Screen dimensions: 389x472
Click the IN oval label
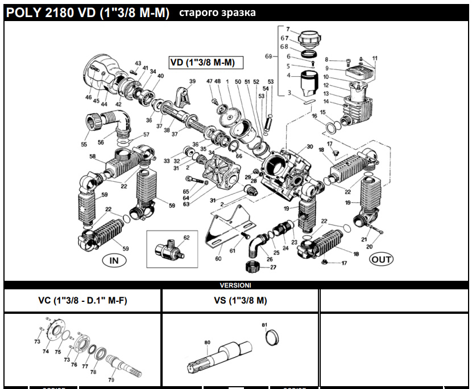pos(114,261)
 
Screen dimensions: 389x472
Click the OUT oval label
pos(381,260)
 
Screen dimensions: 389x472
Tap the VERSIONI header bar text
pos(235,285)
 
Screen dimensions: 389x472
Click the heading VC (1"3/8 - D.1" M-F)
pos(82,300)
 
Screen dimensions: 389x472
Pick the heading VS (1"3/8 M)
pos(241,300)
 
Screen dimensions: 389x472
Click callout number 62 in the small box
pos(186,237)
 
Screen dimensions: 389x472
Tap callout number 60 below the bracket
pos(217,259)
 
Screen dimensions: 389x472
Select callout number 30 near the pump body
pos(309,147)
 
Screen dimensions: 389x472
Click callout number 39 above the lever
pos(192,82)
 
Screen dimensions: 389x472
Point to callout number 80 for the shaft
pos(207,342)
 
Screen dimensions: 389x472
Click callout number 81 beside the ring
pos(264,325)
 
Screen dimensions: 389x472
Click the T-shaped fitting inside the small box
pos(168,248)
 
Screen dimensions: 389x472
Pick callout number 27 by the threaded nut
pos(273,267)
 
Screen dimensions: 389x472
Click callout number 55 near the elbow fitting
pos(84,145)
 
